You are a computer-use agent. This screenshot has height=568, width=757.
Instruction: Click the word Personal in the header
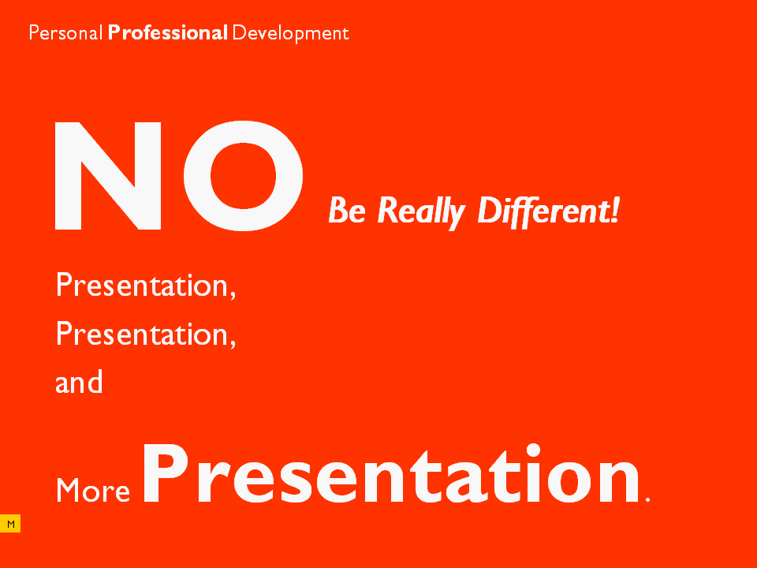pyautogui.click(x=65, y=33)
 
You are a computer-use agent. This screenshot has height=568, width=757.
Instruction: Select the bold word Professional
pyautogui.click(x=167, y=33)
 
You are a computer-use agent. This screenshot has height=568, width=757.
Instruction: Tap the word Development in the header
pyautogui.click(x=291, y=34)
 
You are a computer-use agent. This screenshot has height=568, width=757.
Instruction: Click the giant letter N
pyautogui.click(x=108, y=176)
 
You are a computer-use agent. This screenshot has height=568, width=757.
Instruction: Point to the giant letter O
pyautogui.click(x=244, y=176)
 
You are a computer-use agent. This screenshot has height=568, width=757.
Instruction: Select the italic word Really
pyautogui.click(x=421, y=212)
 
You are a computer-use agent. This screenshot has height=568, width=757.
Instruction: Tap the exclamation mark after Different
pyautogui.click(x=614, y=210)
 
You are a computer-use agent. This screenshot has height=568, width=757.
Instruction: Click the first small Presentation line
pyautogui.click(x=146, y=286)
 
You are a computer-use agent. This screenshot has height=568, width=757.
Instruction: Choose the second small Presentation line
pyautogui.click(x=146, y=334)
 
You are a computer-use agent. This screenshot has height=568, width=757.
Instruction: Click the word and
pyautogui.click(x=79, y=382)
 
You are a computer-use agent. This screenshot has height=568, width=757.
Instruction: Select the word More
pyautogui.click(x=93, y=490)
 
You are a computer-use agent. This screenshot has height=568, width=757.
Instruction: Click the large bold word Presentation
pyautogui.click(x=391, y=473)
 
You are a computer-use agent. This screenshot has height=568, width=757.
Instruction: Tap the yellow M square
pyautogui.click(x=10, y=524)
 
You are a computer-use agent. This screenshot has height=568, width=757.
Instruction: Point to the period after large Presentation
pyautogui.click(x=647, y=500)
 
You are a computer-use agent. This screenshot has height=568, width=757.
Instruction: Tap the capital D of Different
pyautogui.click(x=490, y=210)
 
